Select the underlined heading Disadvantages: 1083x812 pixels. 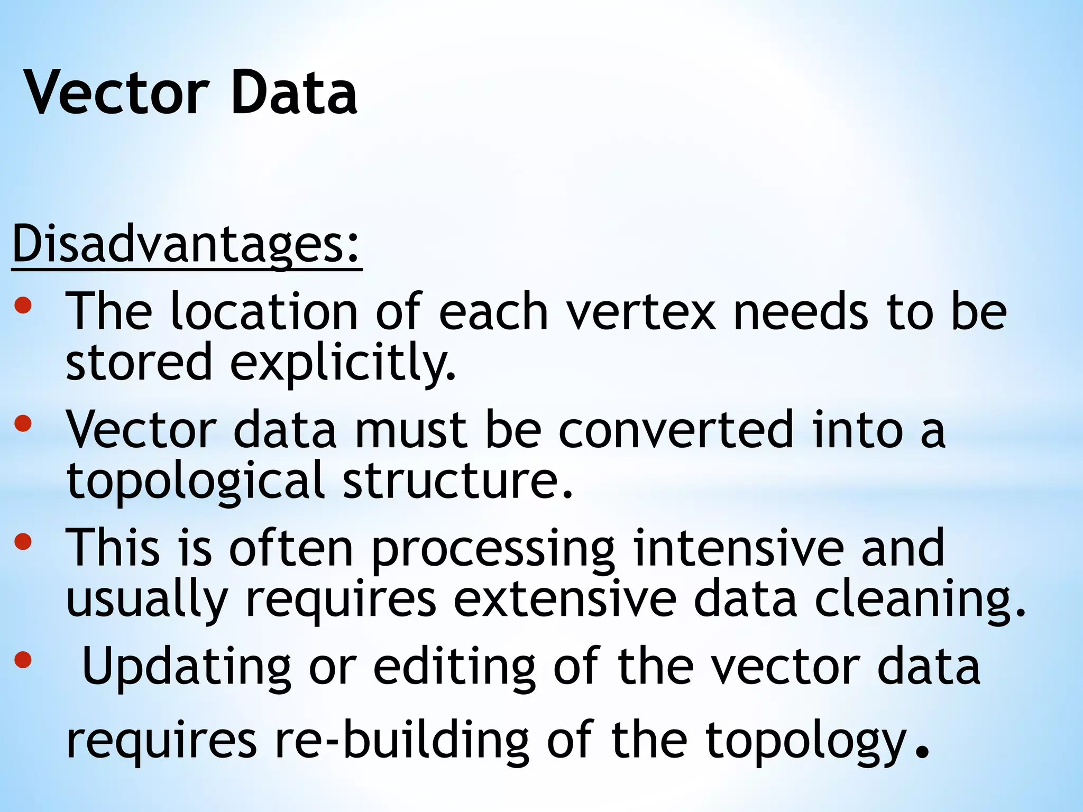pyautogui.click(x=186, y=244)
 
